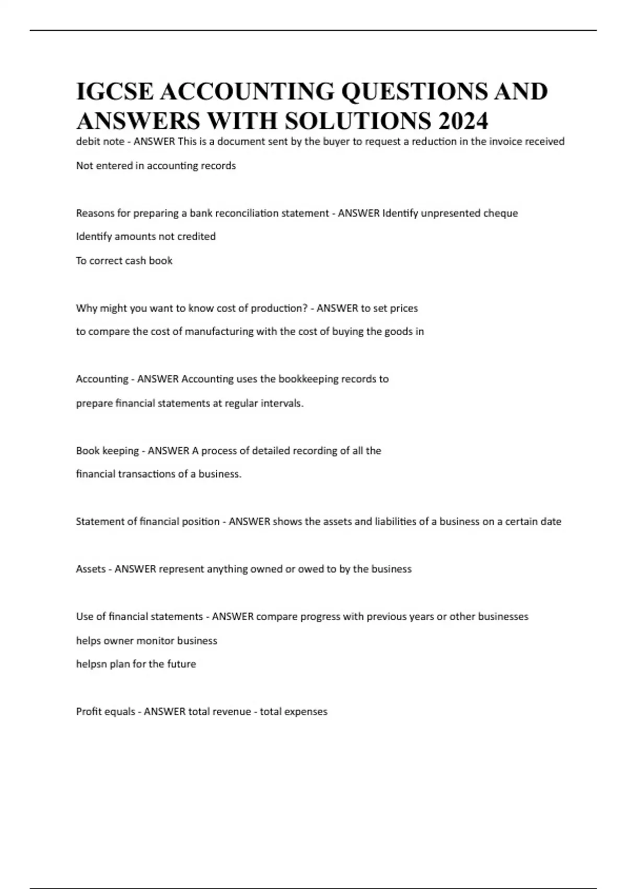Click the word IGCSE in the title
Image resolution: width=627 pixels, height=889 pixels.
point(115,92)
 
